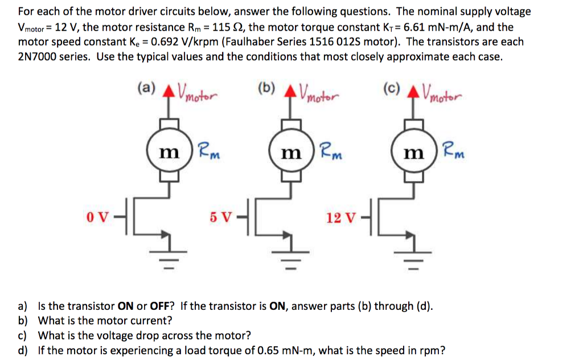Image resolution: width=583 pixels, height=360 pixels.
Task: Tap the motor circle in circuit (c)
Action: tap(411, 152)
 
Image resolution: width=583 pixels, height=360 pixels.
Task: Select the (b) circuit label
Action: tap(266, 88)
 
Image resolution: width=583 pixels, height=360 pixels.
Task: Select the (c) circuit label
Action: tap(391, 88)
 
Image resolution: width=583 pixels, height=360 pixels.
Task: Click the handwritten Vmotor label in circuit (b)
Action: tap(319, 91)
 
